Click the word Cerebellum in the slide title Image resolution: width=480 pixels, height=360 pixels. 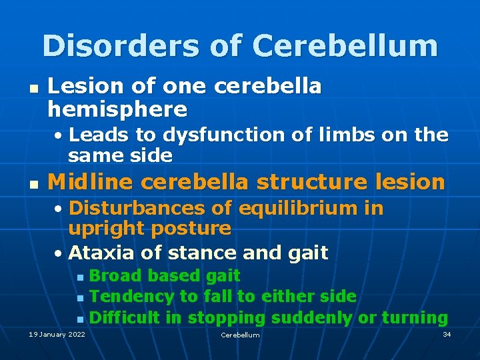[x=345, y=46]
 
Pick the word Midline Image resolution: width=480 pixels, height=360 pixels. [x=89, y=181]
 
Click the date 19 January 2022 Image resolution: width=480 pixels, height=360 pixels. [x=57, y=334]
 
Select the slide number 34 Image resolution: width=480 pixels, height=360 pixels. [x=447, y=333]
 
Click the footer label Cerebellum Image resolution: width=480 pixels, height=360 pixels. [x=240, y=335]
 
